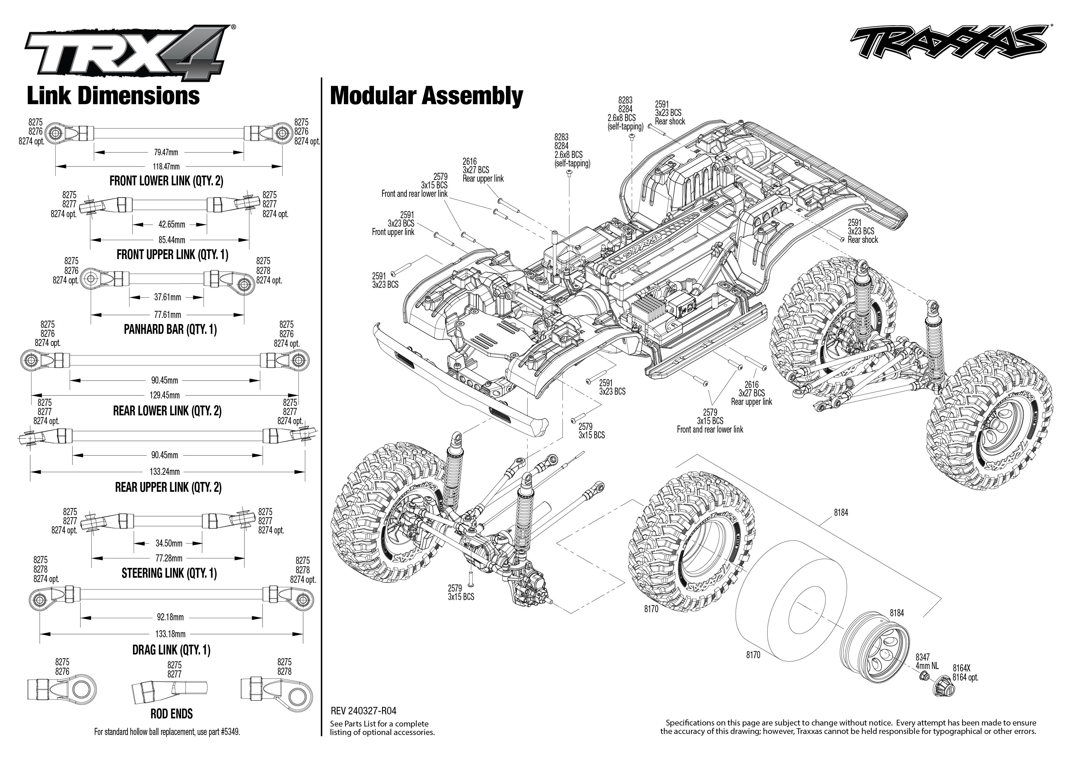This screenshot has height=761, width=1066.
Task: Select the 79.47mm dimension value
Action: point(166,152)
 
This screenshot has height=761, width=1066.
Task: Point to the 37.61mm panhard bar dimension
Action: point(168,297)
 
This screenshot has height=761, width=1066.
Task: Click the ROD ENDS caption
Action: point(172,714)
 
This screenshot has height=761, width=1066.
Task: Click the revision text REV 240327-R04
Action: point(363,711)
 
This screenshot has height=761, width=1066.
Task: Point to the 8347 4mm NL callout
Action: point(927,661)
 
